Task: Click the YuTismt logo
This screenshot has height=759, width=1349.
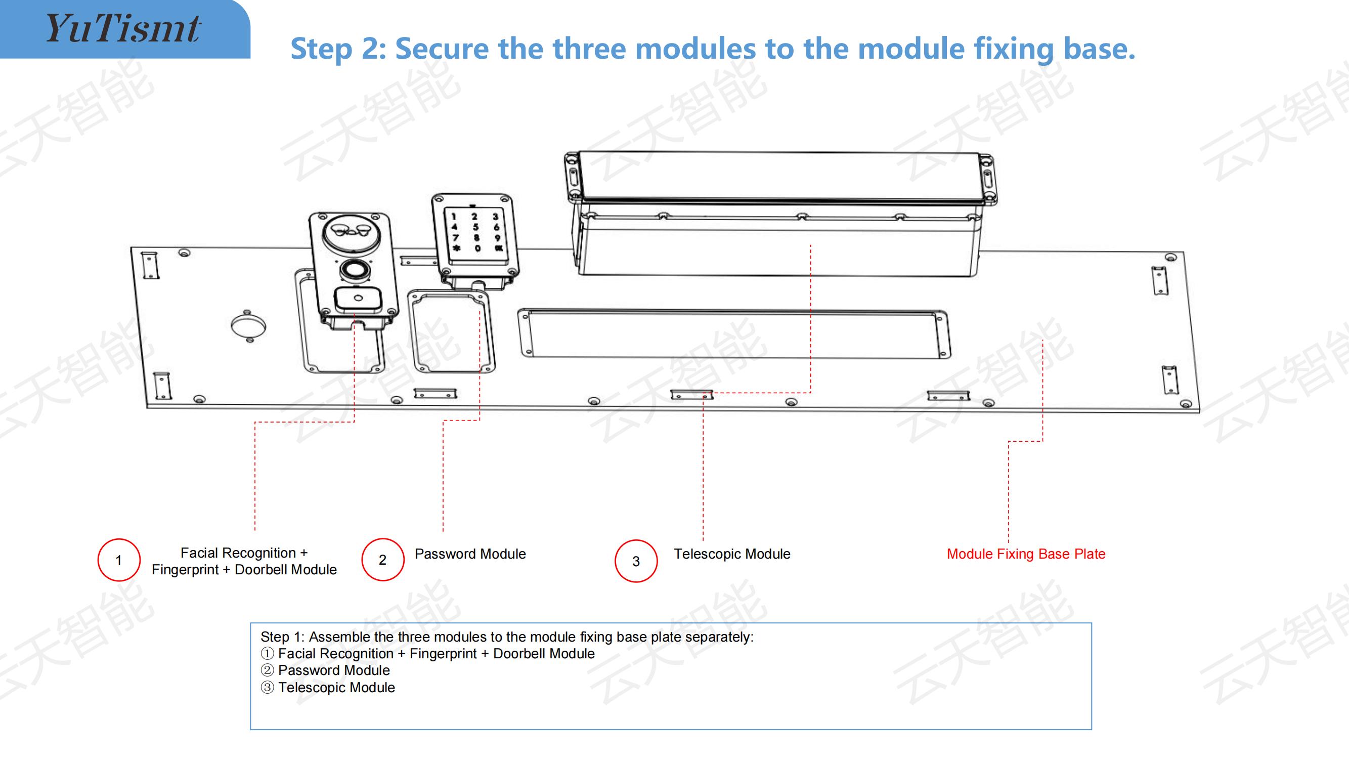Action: [123, 28]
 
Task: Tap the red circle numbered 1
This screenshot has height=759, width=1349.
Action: [119, 560]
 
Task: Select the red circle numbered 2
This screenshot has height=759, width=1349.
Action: [383, 560]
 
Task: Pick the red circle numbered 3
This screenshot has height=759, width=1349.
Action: [636, 561]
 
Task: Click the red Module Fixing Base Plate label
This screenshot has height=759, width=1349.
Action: [1026, 554]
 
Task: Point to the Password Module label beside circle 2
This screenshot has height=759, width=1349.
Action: [470, 554]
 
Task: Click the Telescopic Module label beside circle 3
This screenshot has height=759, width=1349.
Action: [732, 554]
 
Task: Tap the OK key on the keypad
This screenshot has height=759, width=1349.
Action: [499, 248]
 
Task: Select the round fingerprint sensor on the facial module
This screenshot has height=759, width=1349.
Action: [355, 270]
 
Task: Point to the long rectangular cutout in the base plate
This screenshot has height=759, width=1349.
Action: [733, 334]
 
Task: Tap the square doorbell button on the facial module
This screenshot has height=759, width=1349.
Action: [358, 299]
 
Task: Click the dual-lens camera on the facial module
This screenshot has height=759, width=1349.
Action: [348, 230]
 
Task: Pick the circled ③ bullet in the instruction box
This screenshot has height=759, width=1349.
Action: [267, 687]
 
